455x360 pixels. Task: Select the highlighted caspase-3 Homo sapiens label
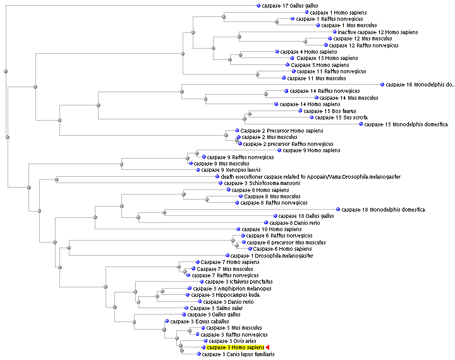pos(235,347)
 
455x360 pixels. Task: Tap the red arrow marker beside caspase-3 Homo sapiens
pos(267,347)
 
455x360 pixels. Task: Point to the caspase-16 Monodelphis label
pos(420,85)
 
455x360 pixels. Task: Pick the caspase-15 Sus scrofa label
pos(341,117)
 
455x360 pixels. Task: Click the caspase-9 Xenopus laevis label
pos(228,170)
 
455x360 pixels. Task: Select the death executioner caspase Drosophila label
pos(306,177)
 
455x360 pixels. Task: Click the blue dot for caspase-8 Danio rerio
pos(266,223)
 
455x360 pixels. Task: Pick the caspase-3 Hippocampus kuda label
pos(226,295)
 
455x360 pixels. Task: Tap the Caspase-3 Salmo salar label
pos(214,308)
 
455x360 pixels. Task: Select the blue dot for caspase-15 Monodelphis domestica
pos(361,124)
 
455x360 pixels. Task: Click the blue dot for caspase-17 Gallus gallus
pos(258,6)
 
